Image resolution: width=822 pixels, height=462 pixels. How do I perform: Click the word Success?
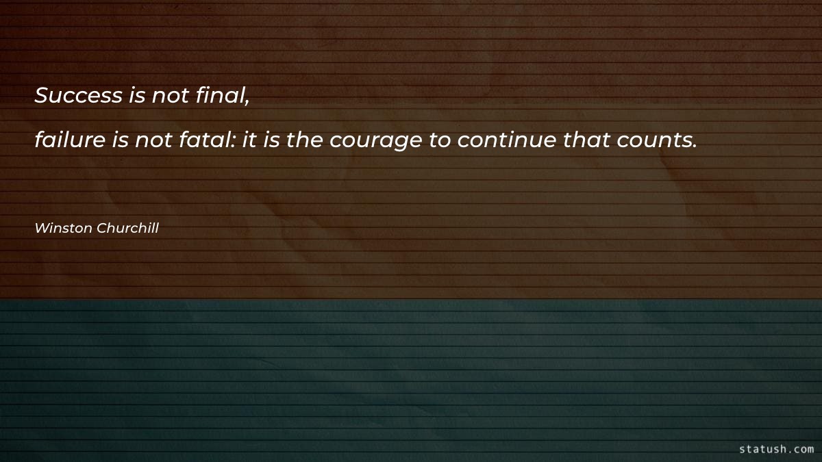click(78, 96)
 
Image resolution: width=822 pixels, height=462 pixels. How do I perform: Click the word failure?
click(69, 140)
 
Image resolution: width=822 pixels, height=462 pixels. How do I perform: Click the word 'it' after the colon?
click(249, 140)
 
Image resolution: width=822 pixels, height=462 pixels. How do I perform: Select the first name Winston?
click(63, 228)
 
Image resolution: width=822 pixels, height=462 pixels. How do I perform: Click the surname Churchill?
click(128, 228)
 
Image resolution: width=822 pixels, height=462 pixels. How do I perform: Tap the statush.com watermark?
click(776, 449)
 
